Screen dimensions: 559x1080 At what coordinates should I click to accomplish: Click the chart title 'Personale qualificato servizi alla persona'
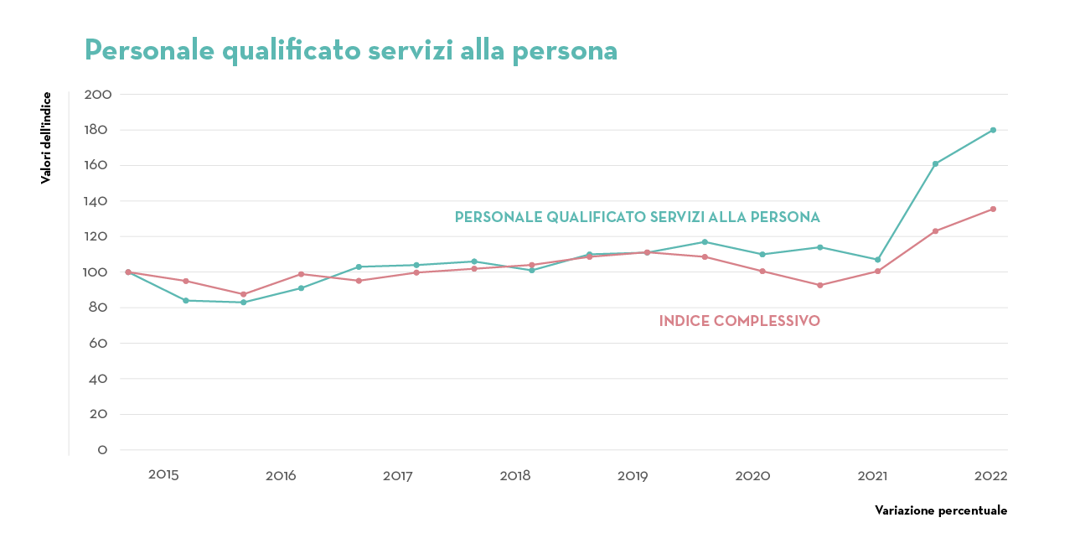coord(351,50)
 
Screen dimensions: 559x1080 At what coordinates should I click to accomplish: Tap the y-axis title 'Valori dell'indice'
coord(46,137)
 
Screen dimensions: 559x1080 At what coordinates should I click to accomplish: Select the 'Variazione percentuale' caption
coord(940,510)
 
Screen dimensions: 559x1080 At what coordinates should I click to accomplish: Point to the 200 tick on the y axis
coord(98,95)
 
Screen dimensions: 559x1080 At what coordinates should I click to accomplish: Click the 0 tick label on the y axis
coord(102,450)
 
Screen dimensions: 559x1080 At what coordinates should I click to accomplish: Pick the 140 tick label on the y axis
coord(98,201)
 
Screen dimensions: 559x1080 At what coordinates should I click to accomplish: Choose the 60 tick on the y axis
coord(98,344)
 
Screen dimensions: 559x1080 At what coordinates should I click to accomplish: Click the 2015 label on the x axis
coord(163,475)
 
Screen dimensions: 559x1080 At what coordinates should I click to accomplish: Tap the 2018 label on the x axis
coord(515,476)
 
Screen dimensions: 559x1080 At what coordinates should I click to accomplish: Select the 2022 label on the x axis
coord(990,476)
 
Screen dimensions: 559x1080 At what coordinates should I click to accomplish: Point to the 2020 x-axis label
coord(752,476)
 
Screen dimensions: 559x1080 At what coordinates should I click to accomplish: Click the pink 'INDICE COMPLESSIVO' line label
coord(739,321)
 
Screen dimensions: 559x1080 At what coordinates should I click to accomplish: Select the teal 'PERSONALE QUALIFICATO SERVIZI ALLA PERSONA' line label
coord(637,217)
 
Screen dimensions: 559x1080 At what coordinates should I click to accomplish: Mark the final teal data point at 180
coord(993,130)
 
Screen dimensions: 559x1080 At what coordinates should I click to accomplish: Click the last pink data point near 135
coord(993,209)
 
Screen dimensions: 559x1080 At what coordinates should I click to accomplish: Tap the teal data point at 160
coord(935,163)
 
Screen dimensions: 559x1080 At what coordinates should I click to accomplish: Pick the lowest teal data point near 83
coord(243,302)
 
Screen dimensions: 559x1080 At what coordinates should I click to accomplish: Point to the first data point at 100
coord(128,272)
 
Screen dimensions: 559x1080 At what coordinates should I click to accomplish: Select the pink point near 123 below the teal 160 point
coord(935,231)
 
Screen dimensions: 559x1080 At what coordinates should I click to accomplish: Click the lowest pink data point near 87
coord(243,294)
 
